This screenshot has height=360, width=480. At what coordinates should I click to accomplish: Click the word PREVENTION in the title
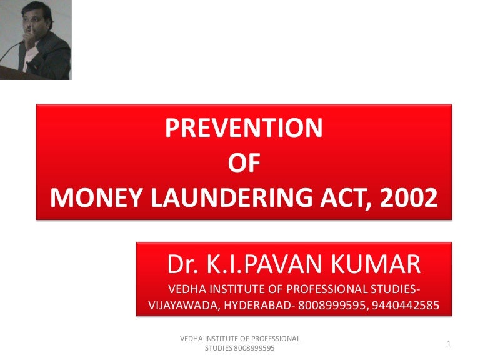pyautogui.click(x=244, y=128)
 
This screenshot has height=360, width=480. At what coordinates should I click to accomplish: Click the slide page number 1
pyautogui.click(x=449, y=343)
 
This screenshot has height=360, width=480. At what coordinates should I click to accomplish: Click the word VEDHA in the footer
pyautogui.click(x=192, y=339)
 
